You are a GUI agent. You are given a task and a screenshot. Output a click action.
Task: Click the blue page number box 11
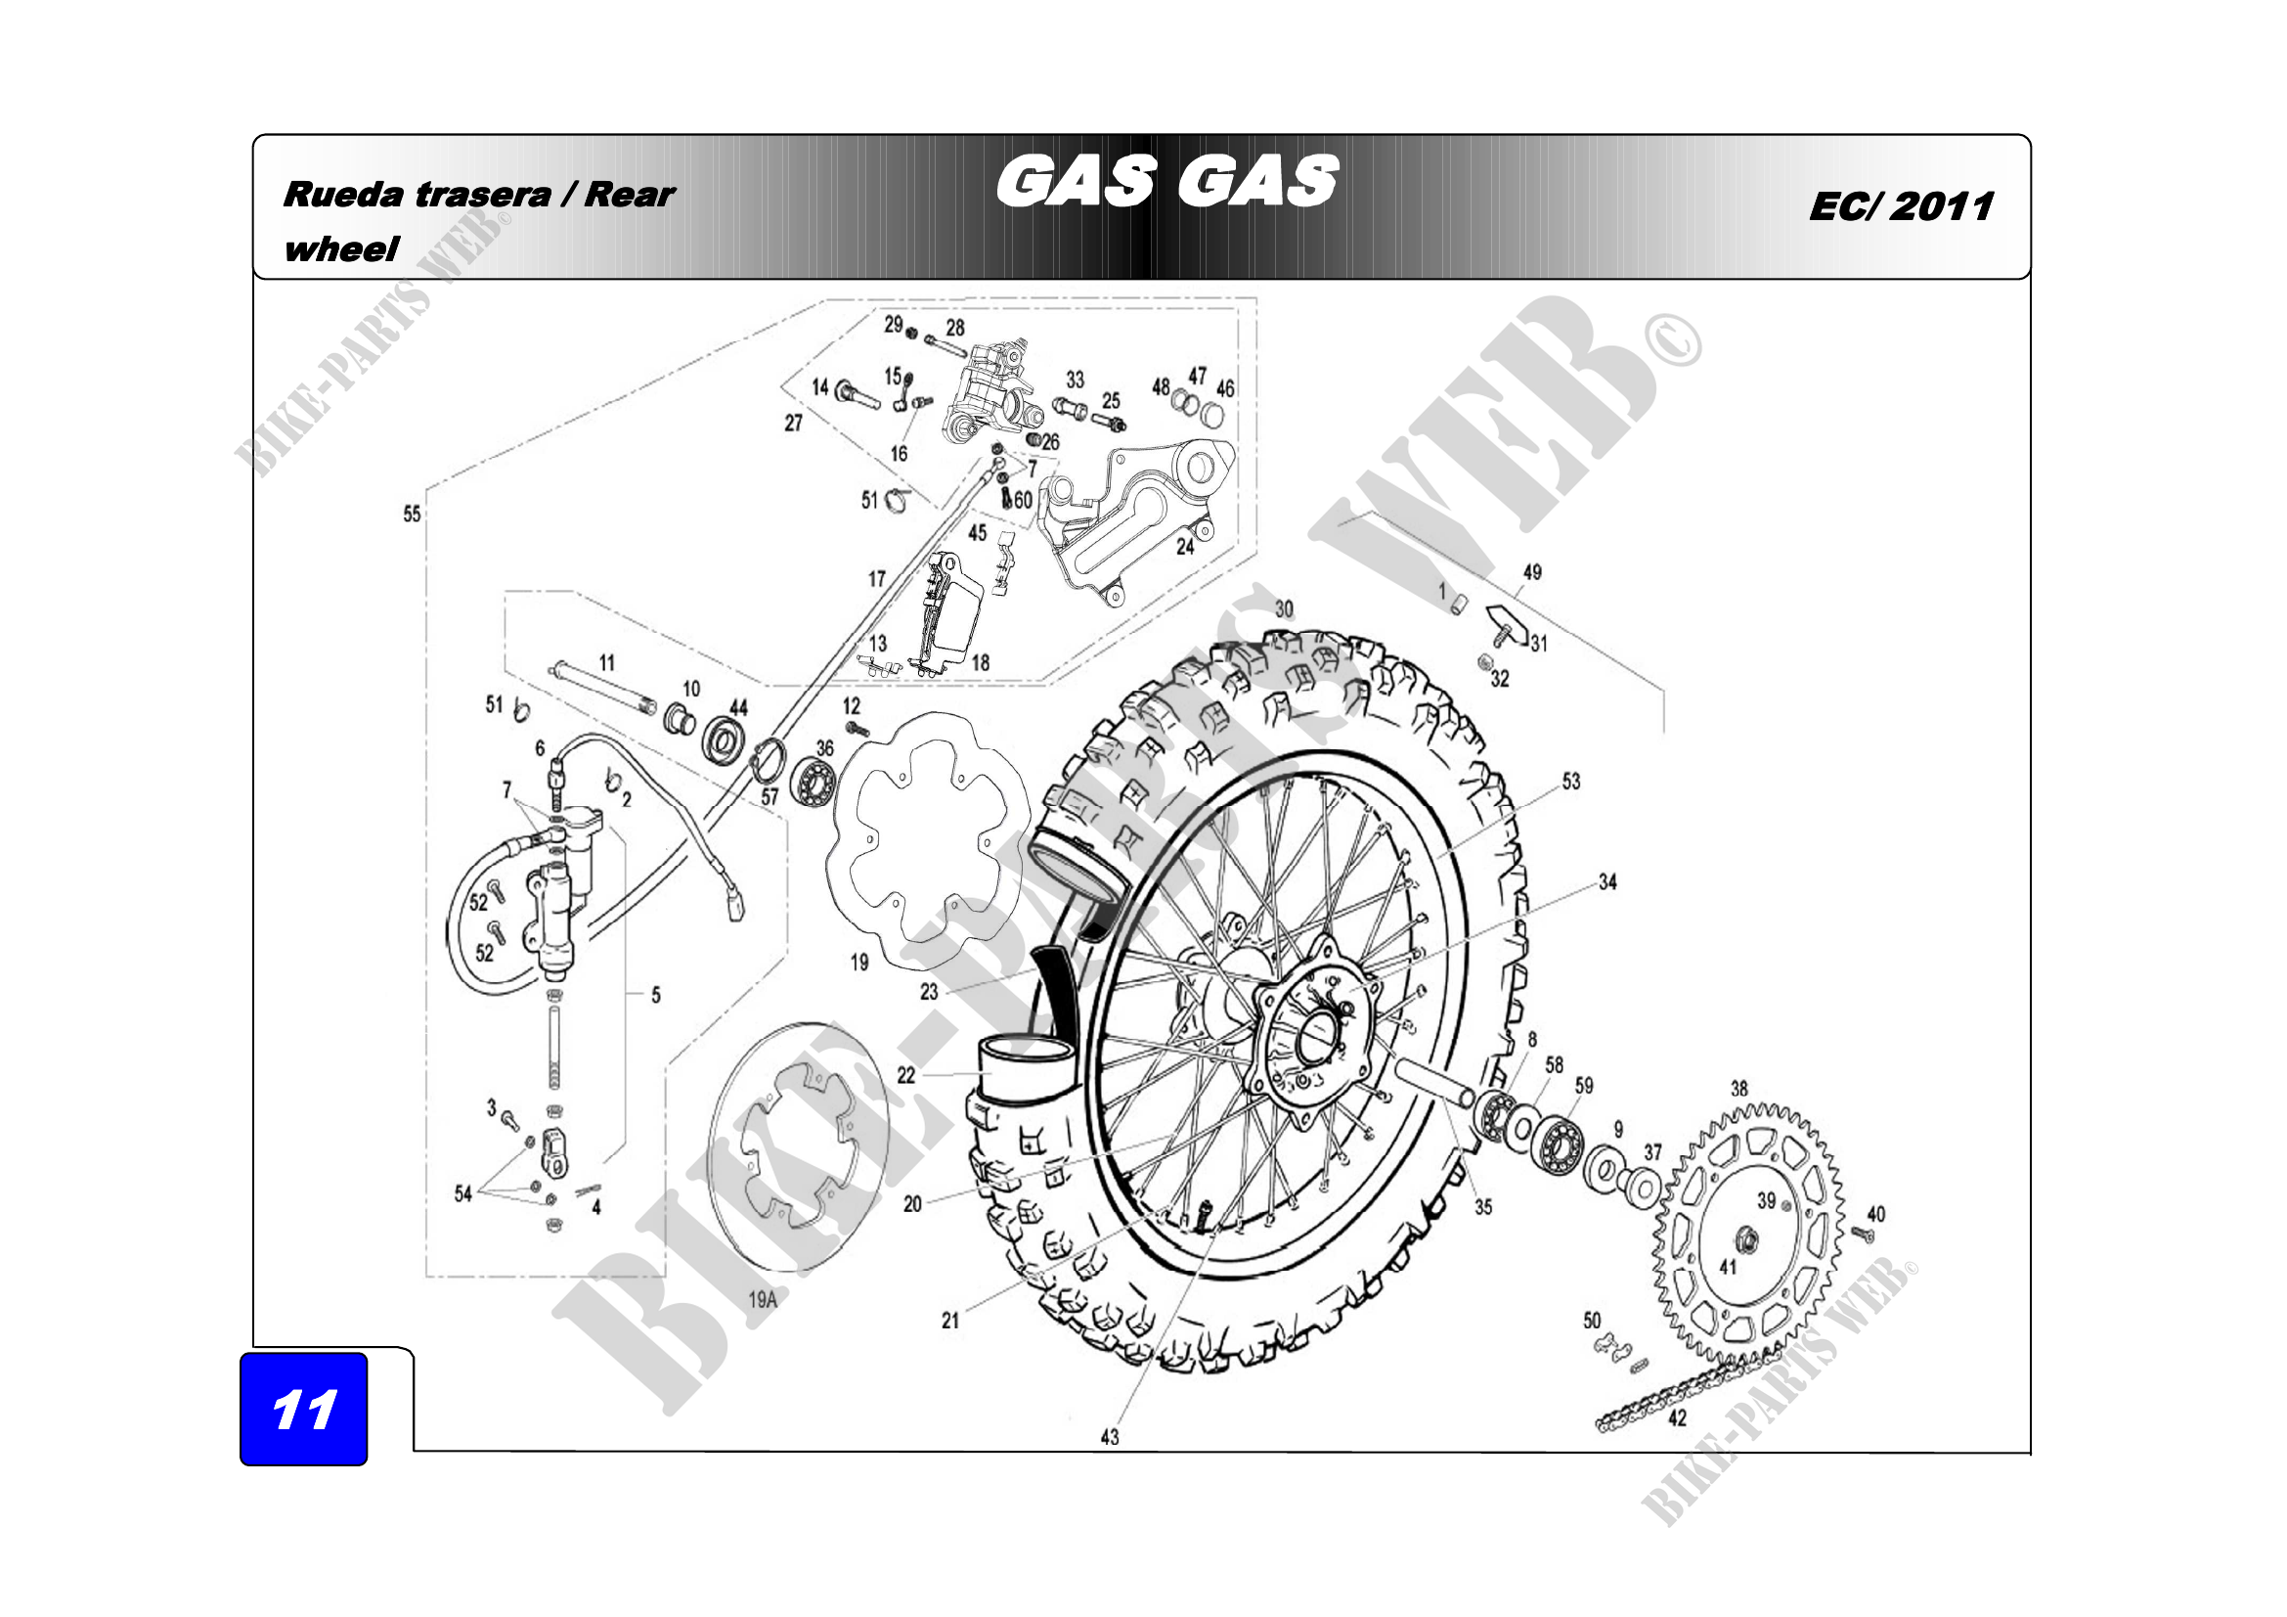pos(304,1408)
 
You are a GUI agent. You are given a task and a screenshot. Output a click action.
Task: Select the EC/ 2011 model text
pos(1902,206)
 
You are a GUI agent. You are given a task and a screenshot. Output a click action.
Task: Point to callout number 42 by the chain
pos(1679,1416)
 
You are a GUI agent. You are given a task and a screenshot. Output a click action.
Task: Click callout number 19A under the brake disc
pos(762,1299)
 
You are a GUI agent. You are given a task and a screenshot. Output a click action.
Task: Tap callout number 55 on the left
pos(413,515)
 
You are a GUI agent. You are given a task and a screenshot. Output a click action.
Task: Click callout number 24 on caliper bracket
pos(1184,546)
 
